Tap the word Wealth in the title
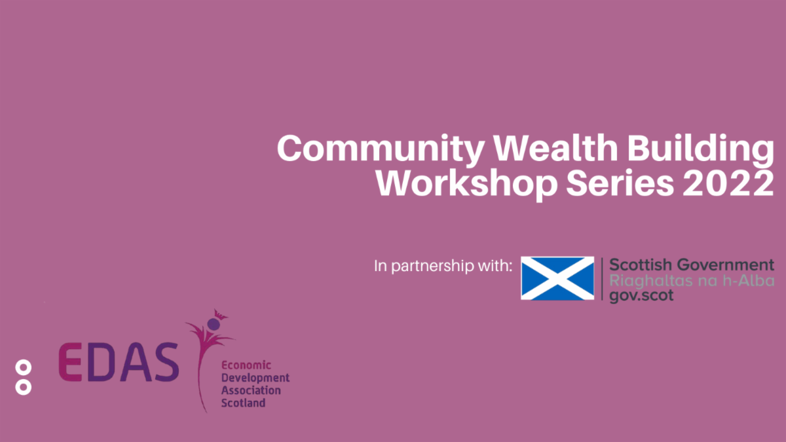555,147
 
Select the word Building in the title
700,149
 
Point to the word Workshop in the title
466,184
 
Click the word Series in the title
620,183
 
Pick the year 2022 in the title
728,183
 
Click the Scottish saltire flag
557,278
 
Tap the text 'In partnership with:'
443,266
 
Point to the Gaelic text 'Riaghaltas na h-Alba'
692,281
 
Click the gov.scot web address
641,296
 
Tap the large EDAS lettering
119,362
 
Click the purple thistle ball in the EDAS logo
214,324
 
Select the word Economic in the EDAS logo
246,365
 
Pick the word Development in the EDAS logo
255,378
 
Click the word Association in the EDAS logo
251,390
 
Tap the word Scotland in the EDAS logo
243,403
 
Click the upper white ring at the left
24,361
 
